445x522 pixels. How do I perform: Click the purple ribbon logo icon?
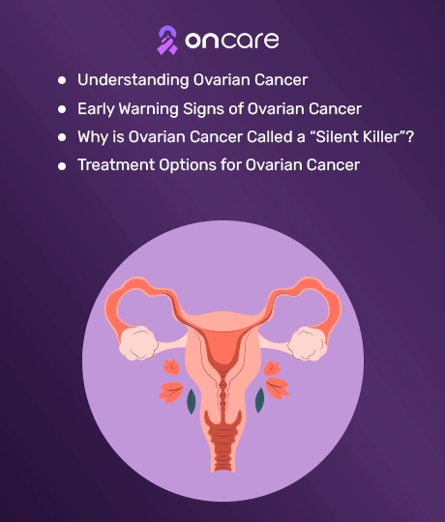click(x=167, y=41)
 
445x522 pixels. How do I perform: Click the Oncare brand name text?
click(x=232, y=41)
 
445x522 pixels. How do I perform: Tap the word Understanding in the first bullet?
click(x=133, y=80)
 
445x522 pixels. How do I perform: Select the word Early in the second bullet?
click(x=96, y=109)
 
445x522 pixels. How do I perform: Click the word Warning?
click(x=149, y=109)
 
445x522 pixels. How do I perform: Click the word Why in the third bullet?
click(x=93, y=137)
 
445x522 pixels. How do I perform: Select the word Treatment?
click(x=116, y=164)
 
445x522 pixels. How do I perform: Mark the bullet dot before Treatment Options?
click(x=62, y=166)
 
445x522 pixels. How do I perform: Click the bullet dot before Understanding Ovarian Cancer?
click(x=62, y=80)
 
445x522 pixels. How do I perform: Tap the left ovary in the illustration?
click(x=139, y=343)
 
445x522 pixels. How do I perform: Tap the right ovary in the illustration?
click(x=306, y=343)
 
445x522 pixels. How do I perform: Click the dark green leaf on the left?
click(x=192, y=401)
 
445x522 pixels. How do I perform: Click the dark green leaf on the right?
click(x=259, y=400)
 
